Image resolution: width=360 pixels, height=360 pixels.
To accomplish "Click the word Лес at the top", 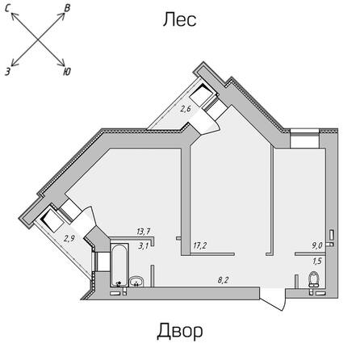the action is click(x=180, y=20).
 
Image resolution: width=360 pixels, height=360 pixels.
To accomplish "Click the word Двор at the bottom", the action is click(x=180, y=331).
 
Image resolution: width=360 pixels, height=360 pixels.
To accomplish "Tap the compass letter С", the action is click(x=8, y=9).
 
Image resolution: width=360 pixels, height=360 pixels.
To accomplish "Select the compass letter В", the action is click(x=67, y=8).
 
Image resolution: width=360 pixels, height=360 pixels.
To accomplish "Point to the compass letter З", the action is click(x=8, y=71).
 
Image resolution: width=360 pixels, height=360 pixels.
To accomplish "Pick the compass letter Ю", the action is click(x=67, y=72).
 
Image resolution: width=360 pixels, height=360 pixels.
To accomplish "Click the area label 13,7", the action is click(x=144, y=232).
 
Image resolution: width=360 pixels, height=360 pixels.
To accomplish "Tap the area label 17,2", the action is click(x=200, y=245).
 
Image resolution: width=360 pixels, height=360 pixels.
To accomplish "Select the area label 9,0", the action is click(x=317, y=245).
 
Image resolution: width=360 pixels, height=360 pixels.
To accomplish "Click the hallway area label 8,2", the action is click(x=223, y=280).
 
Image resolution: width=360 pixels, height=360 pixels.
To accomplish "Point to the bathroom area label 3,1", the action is click(x=143, y=246).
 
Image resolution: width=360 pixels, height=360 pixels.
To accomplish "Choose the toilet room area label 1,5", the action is click(x=317, y=261).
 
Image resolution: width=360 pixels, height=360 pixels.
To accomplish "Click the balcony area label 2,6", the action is click(x=186, y=109).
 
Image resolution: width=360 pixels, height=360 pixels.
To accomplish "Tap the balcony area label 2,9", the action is click(x=69, y=238).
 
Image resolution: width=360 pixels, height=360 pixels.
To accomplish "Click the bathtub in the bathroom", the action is click(x=119, y=265).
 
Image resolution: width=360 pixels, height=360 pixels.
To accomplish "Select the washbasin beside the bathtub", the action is click(x=136, y=282).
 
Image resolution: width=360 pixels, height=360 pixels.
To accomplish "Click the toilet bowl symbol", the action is click(x=314, y=279).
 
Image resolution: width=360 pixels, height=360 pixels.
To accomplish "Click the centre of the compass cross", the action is click(x=37, y=40).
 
